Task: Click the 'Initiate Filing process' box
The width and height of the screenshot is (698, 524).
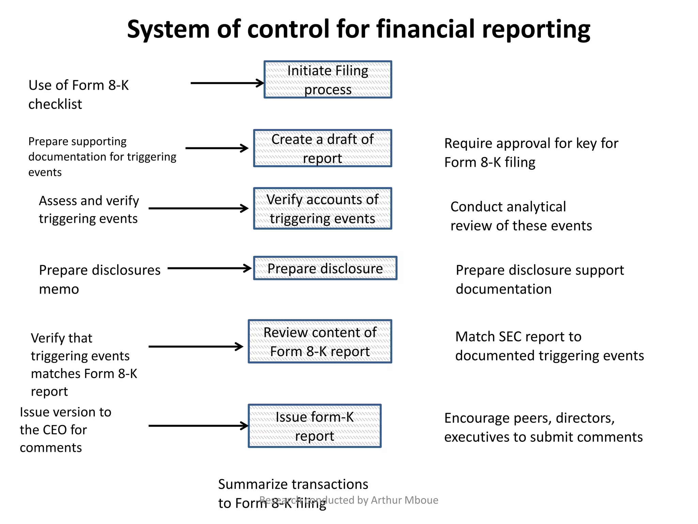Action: (328, 80)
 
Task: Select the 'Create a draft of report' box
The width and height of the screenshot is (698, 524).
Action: (322, 148)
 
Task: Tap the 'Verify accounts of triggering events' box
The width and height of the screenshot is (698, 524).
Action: (322, 208)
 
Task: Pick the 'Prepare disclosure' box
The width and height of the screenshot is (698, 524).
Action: (325, 268)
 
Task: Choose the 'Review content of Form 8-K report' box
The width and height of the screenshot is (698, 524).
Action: (320, 341)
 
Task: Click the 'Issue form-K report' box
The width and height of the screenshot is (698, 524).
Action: (314, 426)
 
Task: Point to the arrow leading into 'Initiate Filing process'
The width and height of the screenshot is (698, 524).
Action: (227, 83)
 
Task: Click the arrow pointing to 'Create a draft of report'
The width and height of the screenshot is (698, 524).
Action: (217, 148)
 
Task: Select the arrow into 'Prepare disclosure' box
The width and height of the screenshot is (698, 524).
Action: (210, 268)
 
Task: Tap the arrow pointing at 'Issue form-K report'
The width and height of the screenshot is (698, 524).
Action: (198, 426)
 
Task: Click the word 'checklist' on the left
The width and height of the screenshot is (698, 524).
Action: (55, 104)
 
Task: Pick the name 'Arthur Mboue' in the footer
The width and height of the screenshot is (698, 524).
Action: (405, 500)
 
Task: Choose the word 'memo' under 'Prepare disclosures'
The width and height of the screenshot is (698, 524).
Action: (59, 289)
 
